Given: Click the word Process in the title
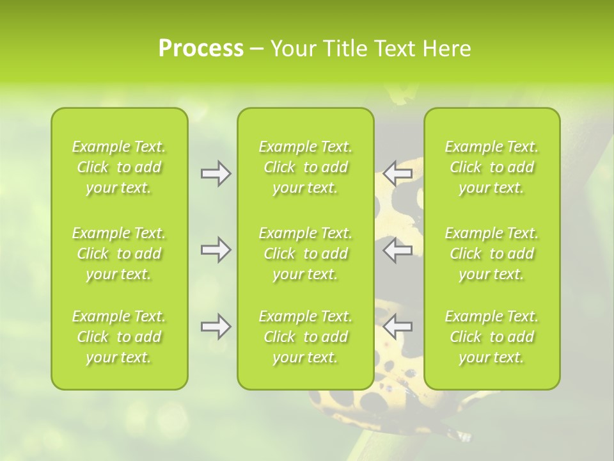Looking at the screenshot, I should tap(201, 49).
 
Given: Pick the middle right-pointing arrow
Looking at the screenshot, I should tap(216, 250).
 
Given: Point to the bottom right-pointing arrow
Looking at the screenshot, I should tap(216, 327).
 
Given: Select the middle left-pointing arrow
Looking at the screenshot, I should tap(397, 250).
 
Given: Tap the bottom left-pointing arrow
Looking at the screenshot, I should tap(397, 327).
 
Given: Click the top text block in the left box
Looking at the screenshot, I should tap(119, 167).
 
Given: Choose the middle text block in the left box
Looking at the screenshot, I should tap(119, 254).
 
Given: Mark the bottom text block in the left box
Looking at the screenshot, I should tap(119, 337).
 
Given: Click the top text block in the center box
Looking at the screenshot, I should tap(306, 167).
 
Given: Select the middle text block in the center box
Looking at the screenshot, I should tap(306, 254).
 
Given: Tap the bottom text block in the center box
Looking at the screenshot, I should tap(306, 337).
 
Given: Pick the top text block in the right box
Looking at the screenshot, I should tap(492, 167).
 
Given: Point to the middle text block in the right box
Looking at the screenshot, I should tap(492, 254).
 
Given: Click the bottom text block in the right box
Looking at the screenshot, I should tap(492, 337).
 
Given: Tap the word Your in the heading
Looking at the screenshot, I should tap(290, 49).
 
